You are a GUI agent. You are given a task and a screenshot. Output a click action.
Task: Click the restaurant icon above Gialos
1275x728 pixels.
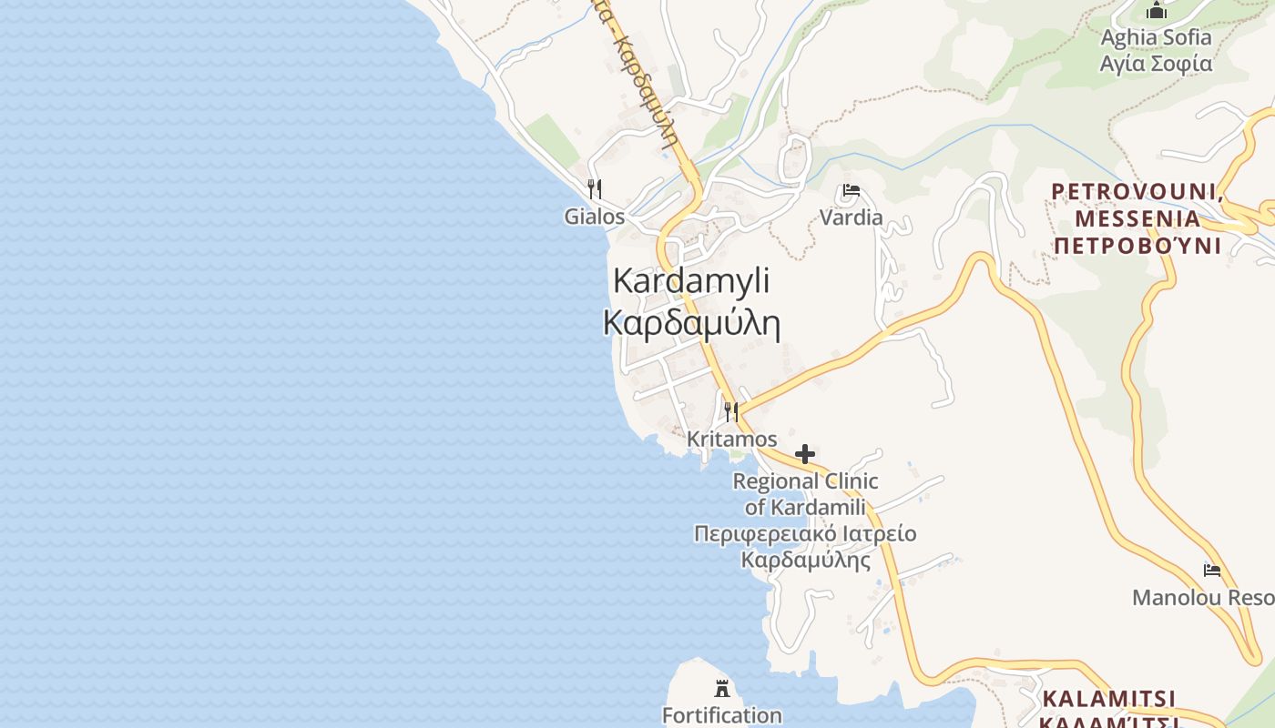click(594, 189)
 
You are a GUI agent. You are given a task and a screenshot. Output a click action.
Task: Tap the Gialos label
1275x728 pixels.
click(594, 217)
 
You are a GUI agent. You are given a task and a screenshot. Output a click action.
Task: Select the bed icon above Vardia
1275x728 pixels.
click(852, 191)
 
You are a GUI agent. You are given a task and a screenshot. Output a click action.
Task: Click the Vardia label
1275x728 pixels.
click(852, 217)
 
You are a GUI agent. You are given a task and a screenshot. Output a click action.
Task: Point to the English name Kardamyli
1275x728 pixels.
click(691, 280)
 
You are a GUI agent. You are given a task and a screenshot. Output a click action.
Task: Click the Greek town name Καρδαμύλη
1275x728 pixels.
click(691, 323)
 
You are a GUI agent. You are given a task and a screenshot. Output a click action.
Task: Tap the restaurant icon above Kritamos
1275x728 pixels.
click(730, 411)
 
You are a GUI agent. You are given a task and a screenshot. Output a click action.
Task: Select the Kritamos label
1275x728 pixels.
click(731, 439)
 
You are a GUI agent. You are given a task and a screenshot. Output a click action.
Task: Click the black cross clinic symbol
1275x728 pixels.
click(805, 453)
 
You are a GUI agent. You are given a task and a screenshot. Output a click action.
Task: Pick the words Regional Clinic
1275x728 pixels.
click(805, 481)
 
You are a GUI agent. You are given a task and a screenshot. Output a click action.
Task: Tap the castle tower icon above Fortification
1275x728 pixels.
click(722, 688)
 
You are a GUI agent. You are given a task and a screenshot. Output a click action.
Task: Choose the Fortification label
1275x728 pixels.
click(721, 715)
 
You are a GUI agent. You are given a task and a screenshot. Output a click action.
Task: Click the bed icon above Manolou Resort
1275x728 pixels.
click(1212, 571)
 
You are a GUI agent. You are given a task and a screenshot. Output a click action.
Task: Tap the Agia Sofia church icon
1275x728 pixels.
click(1157, 11)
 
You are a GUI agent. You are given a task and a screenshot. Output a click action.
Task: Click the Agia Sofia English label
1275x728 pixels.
click(1156, 37)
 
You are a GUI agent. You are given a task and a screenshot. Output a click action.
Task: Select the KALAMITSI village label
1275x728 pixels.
click(1108, 699)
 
